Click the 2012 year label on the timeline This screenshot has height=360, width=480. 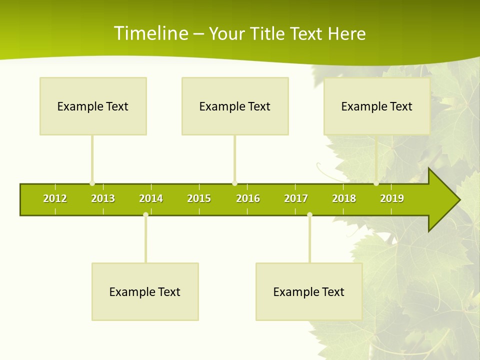(55, 198)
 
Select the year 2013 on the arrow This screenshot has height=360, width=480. (103, 198)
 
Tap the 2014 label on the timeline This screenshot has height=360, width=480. (151, 198)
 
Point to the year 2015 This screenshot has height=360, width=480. (199, 198)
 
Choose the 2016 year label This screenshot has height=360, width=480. (248, 198)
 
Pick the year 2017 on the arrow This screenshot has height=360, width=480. (296, 198)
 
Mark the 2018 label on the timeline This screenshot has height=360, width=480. (344, 198)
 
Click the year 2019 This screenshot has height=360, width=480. (392, 198)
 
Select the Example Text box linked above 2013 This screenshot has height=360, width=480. (93, 106)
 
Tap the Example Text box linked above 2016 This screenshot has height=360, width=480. (235, 106)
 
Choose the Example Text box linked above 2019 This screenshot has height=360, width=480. (377, 106)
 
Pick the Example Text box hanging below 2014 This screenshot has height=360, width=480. (145, 291)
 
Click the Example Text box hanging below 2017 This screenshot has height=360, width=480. (309, 291)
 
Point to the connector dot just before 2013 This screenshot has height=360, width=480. (92, 183)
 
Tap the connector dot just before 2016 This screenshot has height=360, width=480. (234, 183)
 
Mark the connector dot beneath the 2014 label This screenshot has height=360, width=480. (145, 215)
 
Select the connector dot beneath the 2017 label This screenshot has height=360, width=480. (309, 215)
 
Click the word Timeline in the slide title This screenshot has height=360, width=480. (150, 33)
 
